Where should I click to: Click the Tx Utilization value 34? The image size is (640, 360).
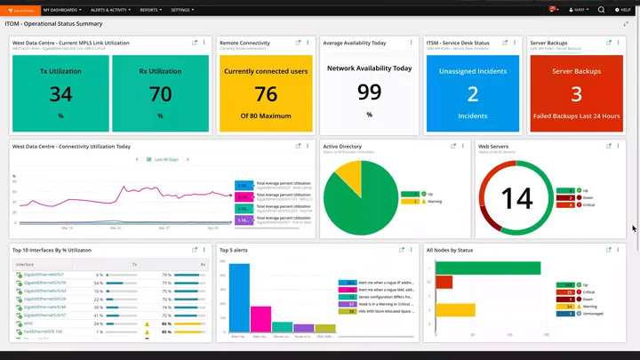point(60,93)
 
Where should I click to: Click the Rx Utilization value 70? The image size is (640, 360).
point(160,93)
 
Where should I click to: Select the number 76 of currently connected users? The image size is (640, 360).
point(265,94)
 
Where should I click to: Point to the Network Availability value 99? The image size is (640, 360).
point(369,91)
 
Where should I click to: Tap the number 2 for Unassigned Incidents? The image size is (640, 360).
point(472,93)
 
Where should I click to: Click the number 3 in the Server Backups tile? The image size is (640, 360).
point(576,93)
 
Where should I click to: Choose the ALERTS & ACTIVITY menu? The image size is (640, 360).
point(111,10)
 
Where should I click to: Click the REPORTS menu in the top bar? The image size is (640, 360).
point(150,10)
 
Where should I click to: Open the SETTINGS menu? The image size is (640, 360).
point(182,10)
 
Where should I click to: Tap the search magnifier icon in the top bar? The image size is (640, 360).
point(601,10)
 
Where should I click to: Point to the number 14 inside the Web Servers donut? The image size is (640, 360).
point(516,197)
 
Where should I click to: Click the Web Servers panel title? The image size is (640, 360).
point(493,146)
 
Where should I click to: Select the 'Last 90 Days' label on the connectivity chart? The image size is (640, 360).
point(166,160)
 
